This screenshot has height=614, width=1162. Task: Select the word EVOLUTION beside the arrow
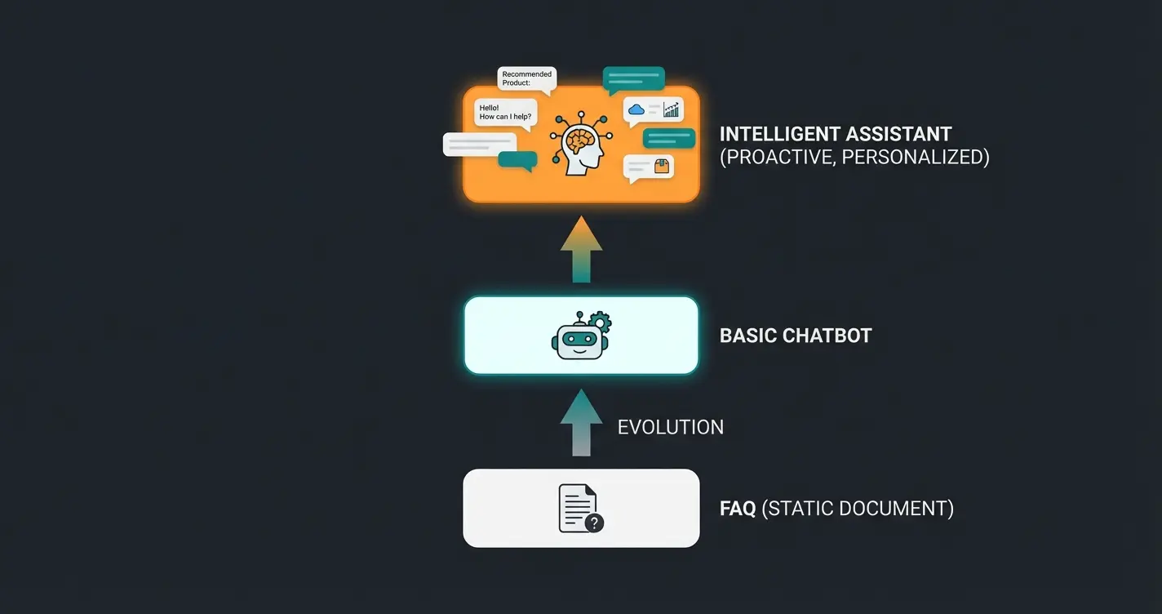click(x=670, y=427)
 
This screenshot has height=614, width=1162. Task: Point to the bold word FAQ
click(x=738, y=509)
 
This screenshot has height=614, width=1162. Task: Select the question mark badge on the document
click(x=595, y=523)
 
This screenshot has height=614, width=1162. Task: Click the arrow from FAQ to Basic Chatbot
click(x=581, y=422)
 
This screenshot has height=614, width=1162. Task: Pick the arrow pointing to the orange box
click(x=581, y=249)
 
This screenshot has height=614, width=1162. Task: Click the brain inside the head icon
click(x=580, y=140)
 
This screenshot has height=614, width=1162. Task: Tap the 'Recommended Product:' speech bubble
click(x=527, y=78)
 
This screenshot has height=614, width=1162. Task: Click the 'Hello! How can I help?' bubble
click(x=506, y=113)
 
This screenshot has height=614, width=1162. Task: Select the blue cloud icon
click(x=636, y=109)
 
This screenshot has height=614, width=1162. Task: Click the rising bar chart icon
click(x=671, y=109)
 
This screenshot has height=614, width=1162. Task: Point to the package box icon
click(x=661, y=167)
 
